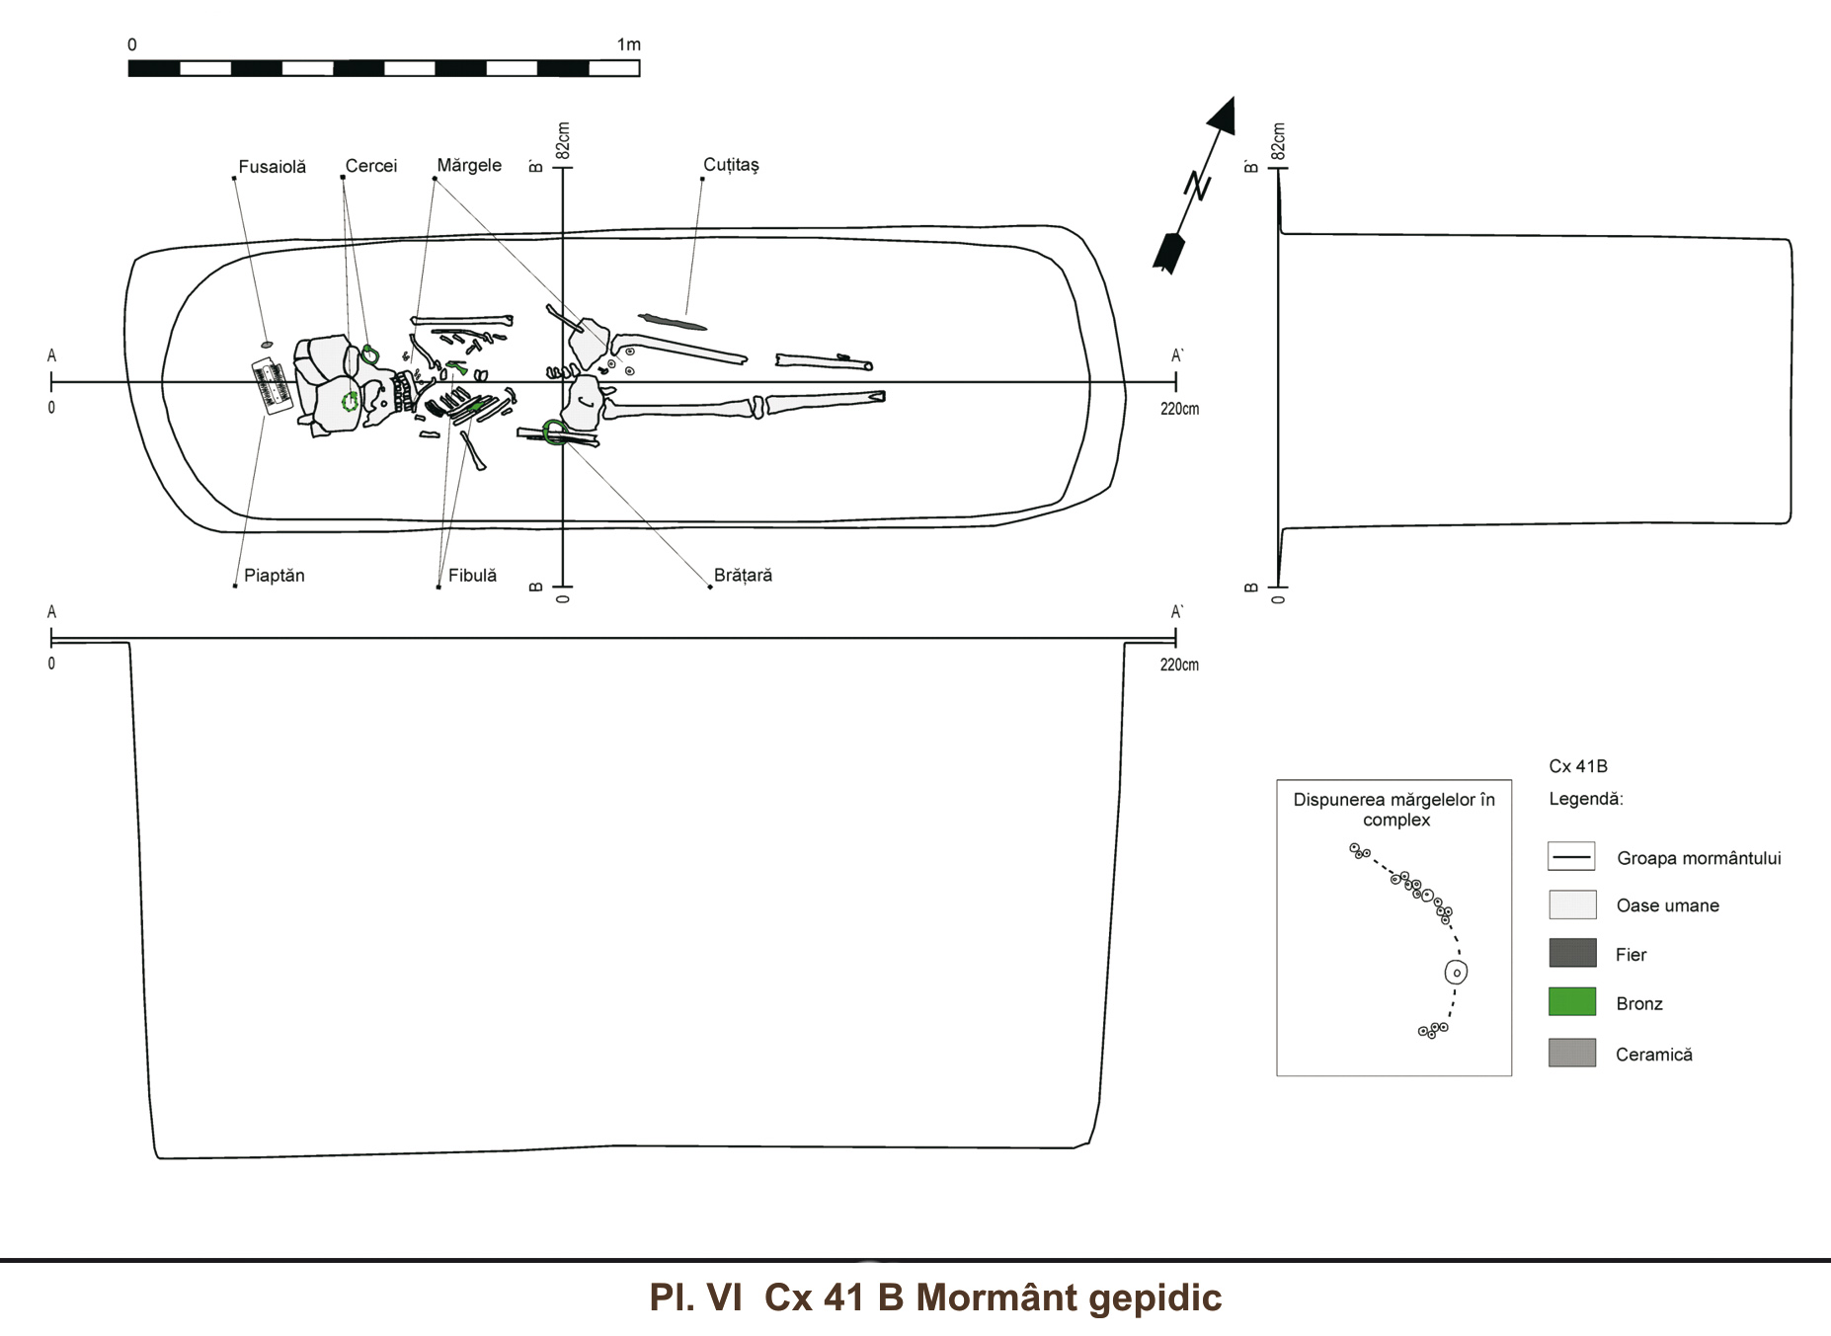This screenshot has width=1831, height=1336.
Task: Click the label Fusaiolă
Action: tap(272, 167)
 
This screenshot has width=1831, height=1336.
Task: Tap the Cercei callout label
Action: tap(370, 166)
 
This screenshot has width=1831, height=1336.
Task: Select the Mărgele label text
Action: tap(469, 165)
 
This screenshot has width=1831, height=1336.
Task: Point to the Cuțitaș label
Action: tap(731, 165)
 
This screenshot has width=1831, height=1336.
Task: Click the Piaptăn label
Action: tap(274, 576)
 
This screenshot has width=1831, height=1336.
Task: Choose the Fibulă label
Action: tap(472, 576)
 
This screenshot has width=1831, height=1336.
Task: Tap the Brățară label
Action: tap(743, 576)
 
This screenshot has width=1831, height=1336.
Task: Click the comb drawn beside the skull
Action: tap(270, 387)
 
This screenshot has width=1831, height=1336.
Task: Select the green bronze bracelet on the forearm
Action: tap(554, 432)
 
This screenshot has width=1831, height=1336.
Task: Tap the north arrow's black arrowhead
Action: tap(1224, 116)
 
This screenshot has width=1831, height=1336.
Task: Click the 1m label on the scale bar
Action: tap(628, 44)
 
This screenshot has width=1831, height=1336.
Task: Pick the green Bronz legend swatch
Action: tap(1572, 1002)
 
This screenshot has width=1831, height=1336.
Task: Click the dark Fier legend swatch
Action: tap(1572, 953)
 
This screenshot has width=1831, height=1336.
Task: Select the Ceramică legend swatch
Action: tap(1572, 1053)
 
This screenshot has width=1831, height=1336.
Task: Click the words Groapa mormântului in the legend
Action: tap(1699, 858)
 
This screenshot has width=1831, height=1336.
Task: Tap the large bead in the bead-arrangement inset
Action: tap(1456, 973)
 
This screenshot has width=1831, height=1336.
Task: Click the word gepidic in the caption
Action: tap(1155, 1297)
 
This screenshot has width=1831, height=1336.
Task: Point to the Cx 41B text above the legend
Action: tap(1578, 766)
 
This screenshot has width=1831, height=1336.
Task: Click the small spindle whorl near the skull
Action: tap(267, 345)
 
